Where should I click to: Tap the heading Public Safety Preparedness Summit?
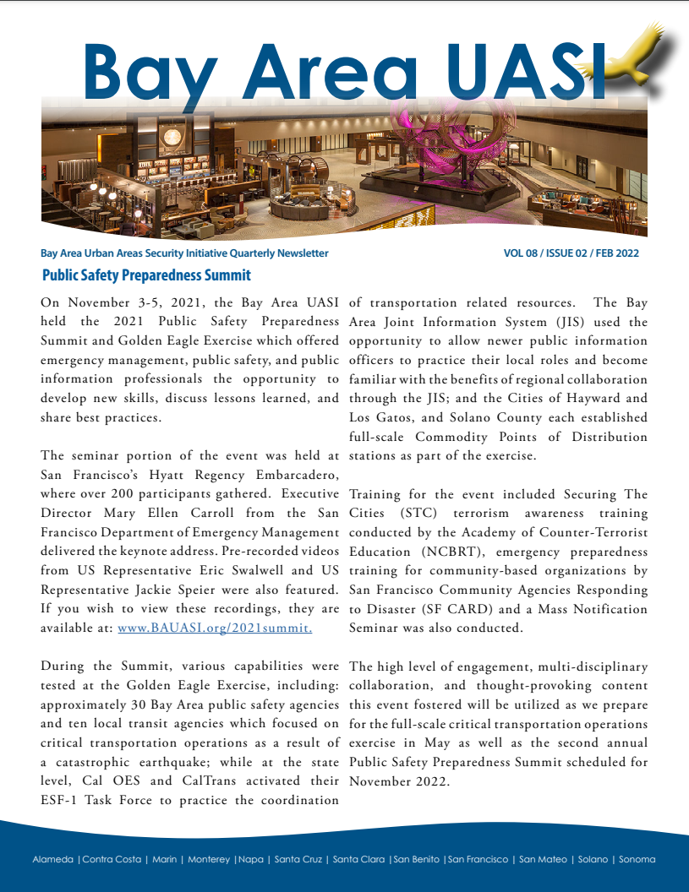(x=146, y=275)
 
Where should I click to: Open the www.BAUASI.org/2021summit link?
(x=215, y=628)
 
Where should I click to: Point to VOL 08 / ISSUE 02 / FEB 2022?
(x=571, y=253)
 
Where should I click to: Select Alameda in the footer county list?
(x=53, y=860)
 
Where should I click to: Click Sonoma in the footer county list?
(x=637, y=860)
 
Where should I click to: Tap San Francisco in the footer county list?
(x=478, y=860)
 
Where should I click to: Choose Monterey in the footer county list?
(x=208, y=860)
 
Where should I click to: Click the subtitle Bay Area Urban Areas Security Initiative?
(x=184, y=253)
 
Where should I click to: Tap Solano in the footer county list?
(x=593, y=860)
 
